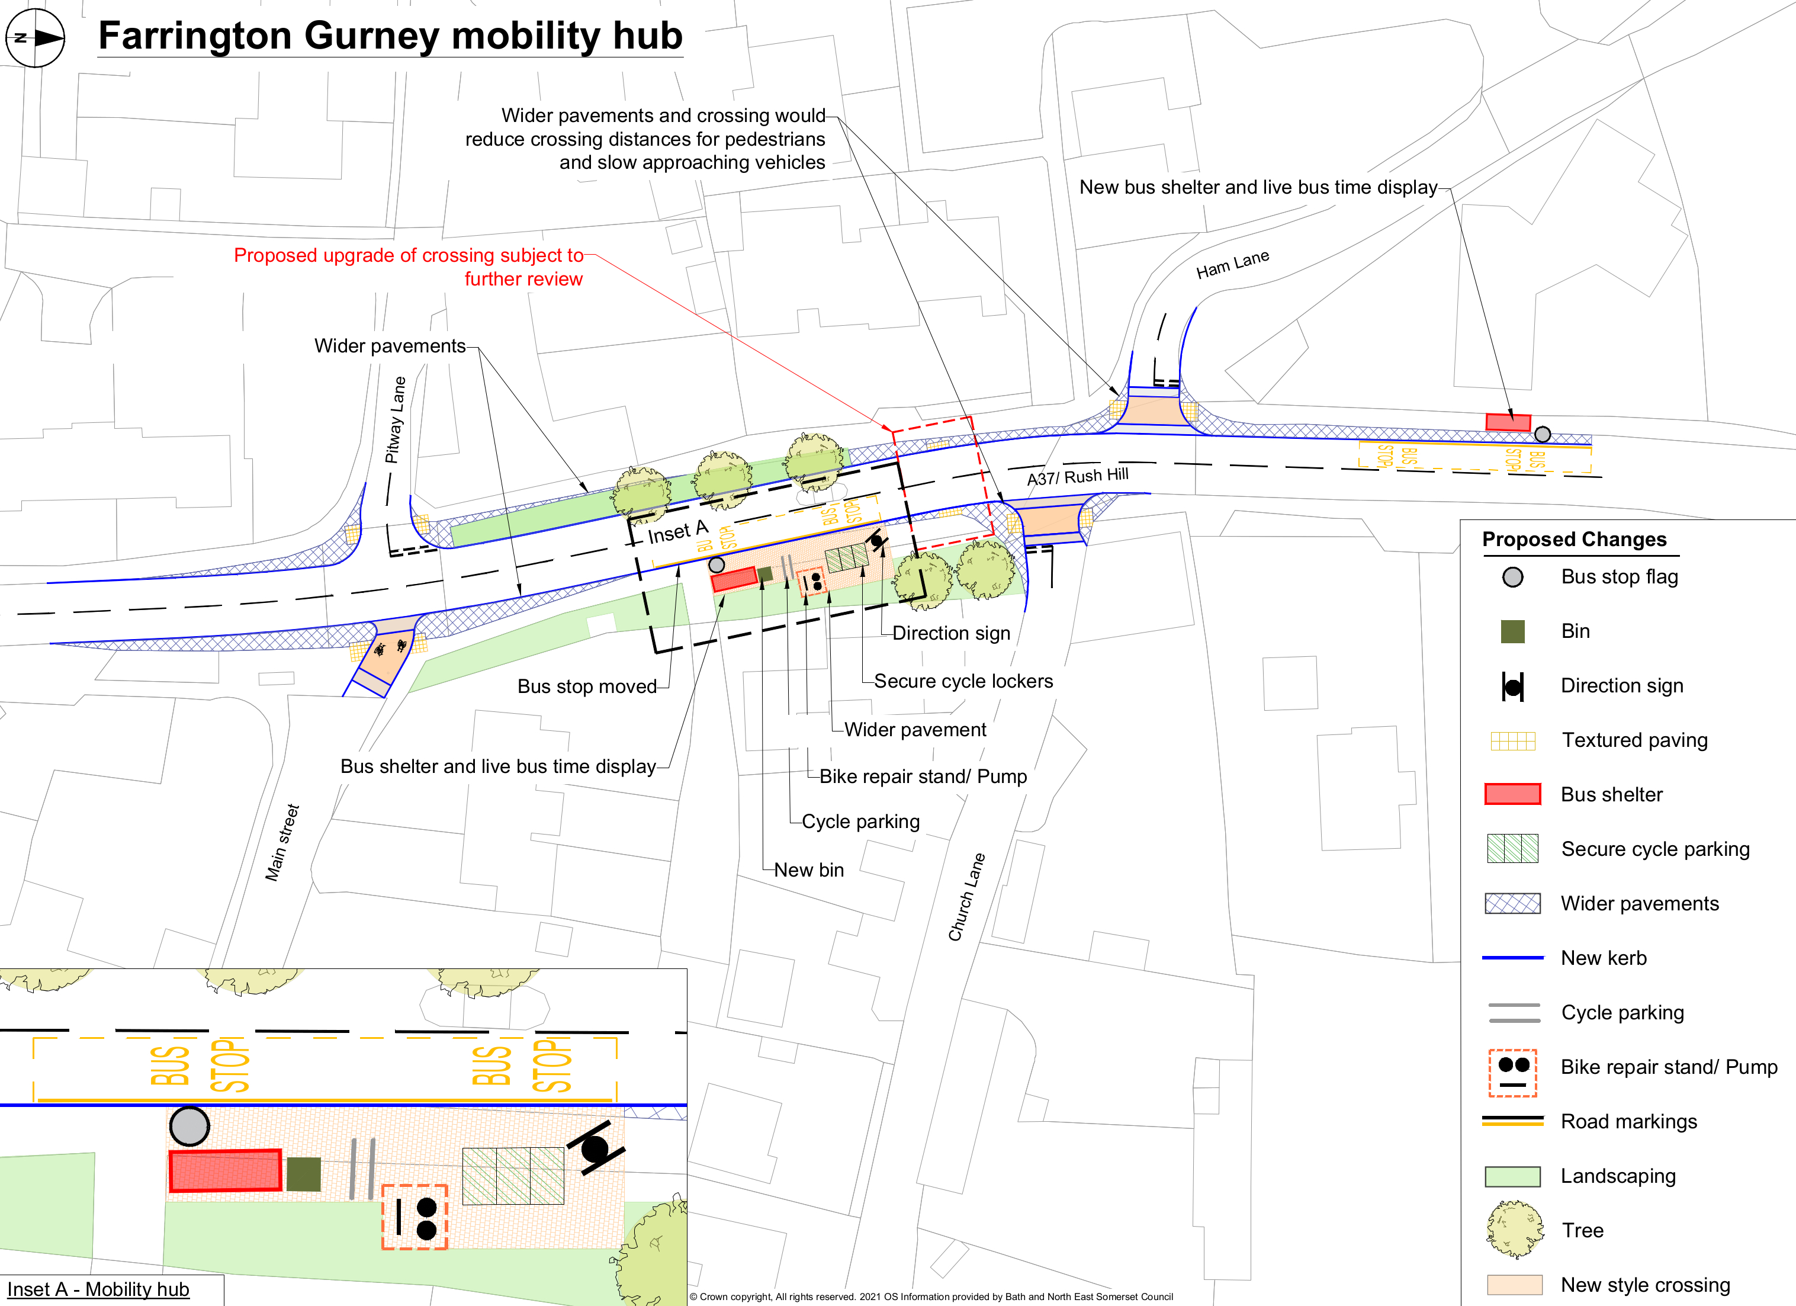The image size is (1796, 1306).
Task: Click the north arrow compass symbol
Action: coord(35,37)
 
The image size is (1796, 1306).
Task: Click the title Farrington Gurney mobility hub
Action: coord(390,36)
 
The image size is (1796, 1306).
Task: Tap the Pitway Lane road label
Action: coord(394,420)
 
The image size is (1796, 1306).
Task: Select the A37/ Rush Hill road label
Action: coord(1077,476)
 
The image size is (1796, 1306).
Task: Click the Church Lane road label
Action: coord(966,897)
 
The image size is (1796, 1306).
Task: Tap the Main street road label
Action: coord(282,843)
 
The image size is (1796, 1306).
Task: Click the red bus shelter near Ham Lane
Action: coord(1507,422)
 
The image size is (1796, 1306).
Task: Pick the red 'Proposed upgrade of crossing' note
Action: coord(408,267)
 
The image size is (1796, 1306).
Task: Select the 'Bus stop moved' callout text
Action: coord(587,686)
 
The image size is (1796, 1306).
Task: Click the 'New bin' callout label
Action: coord(808,869)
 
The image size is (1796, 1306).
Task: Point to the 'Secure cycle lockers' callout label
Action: coord(963,681)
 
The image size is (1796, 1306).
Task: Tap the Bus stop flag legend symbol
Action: coord(1512,576)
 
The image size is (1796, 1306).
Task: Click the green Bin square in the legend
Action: coord(1512,631)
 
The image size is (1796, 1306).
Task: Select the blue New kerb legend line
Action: coord(1512,958)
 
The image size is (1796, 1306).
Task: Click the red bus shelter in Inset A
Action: coord(226,1170)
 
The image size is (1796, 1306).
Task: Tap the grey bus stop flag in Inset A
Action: coord(189,1125)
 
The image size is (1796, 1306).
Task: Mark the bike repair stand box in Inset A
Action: coord(414,1217)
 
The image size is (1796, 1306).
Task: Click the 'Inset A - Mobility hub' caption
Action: coord(98,1289)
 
